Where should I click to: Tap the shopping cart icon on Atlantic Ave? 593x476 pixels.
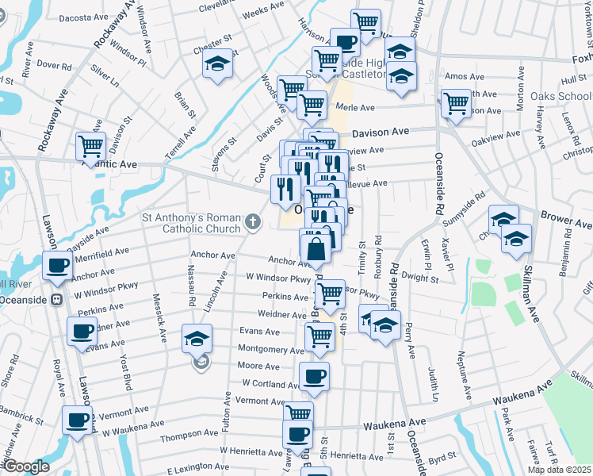(91, 146)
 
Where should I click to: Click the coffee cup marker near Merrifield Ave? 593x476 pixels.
(58, 264)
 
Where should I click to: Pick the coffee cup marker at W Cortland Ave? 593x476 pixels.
(314, 376)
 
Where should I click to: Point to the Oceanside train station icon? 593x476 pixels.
(56, 300)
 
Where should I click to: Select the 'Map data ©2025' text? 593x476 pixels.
(559, 470)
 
